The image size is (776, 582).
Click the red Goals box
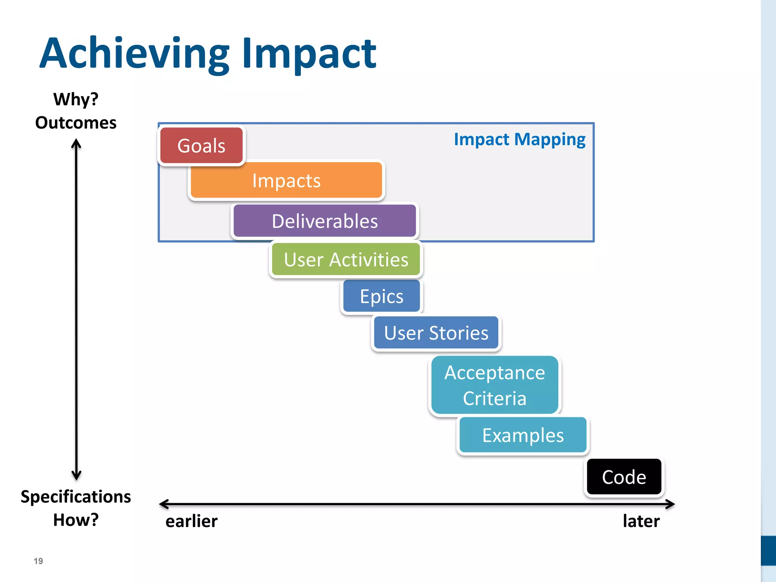tap(201, 146)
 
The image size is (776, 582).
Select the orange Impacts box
tap(286, 180)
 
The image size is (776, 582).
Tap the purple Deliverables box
tap(325, 221)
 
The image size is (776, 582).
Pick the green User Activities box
tap(346, 260)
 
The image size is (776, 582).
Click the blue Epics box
tap(382, 296)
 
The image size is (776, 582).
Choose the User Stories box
tap(436, 333)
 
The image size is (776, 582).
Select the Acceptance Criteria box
tap(494, 385)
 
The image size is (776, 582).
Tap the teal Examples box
tap(523, 435)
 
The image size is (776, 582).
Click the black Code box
tap(624, 477)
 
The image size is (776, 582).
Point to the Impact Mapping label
tap(519, 139)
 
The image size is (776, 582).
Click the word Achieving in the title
tap(135, 54)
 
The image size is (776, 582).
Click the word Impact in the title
tap(309, 54)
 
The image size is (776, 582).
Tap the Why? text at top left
tap(76, 100)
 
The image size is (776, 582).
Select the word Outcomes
tap(76, 123)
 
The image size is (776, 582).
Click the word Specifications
tap(76, 496)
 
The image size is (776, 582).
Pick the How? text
tap(76, 520)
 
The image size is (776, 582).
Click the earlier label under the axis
tap(191, 521)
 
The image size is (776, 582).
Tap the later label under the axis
tap(641, 521)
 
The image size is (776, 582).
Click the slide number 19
tap(38, 561)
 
